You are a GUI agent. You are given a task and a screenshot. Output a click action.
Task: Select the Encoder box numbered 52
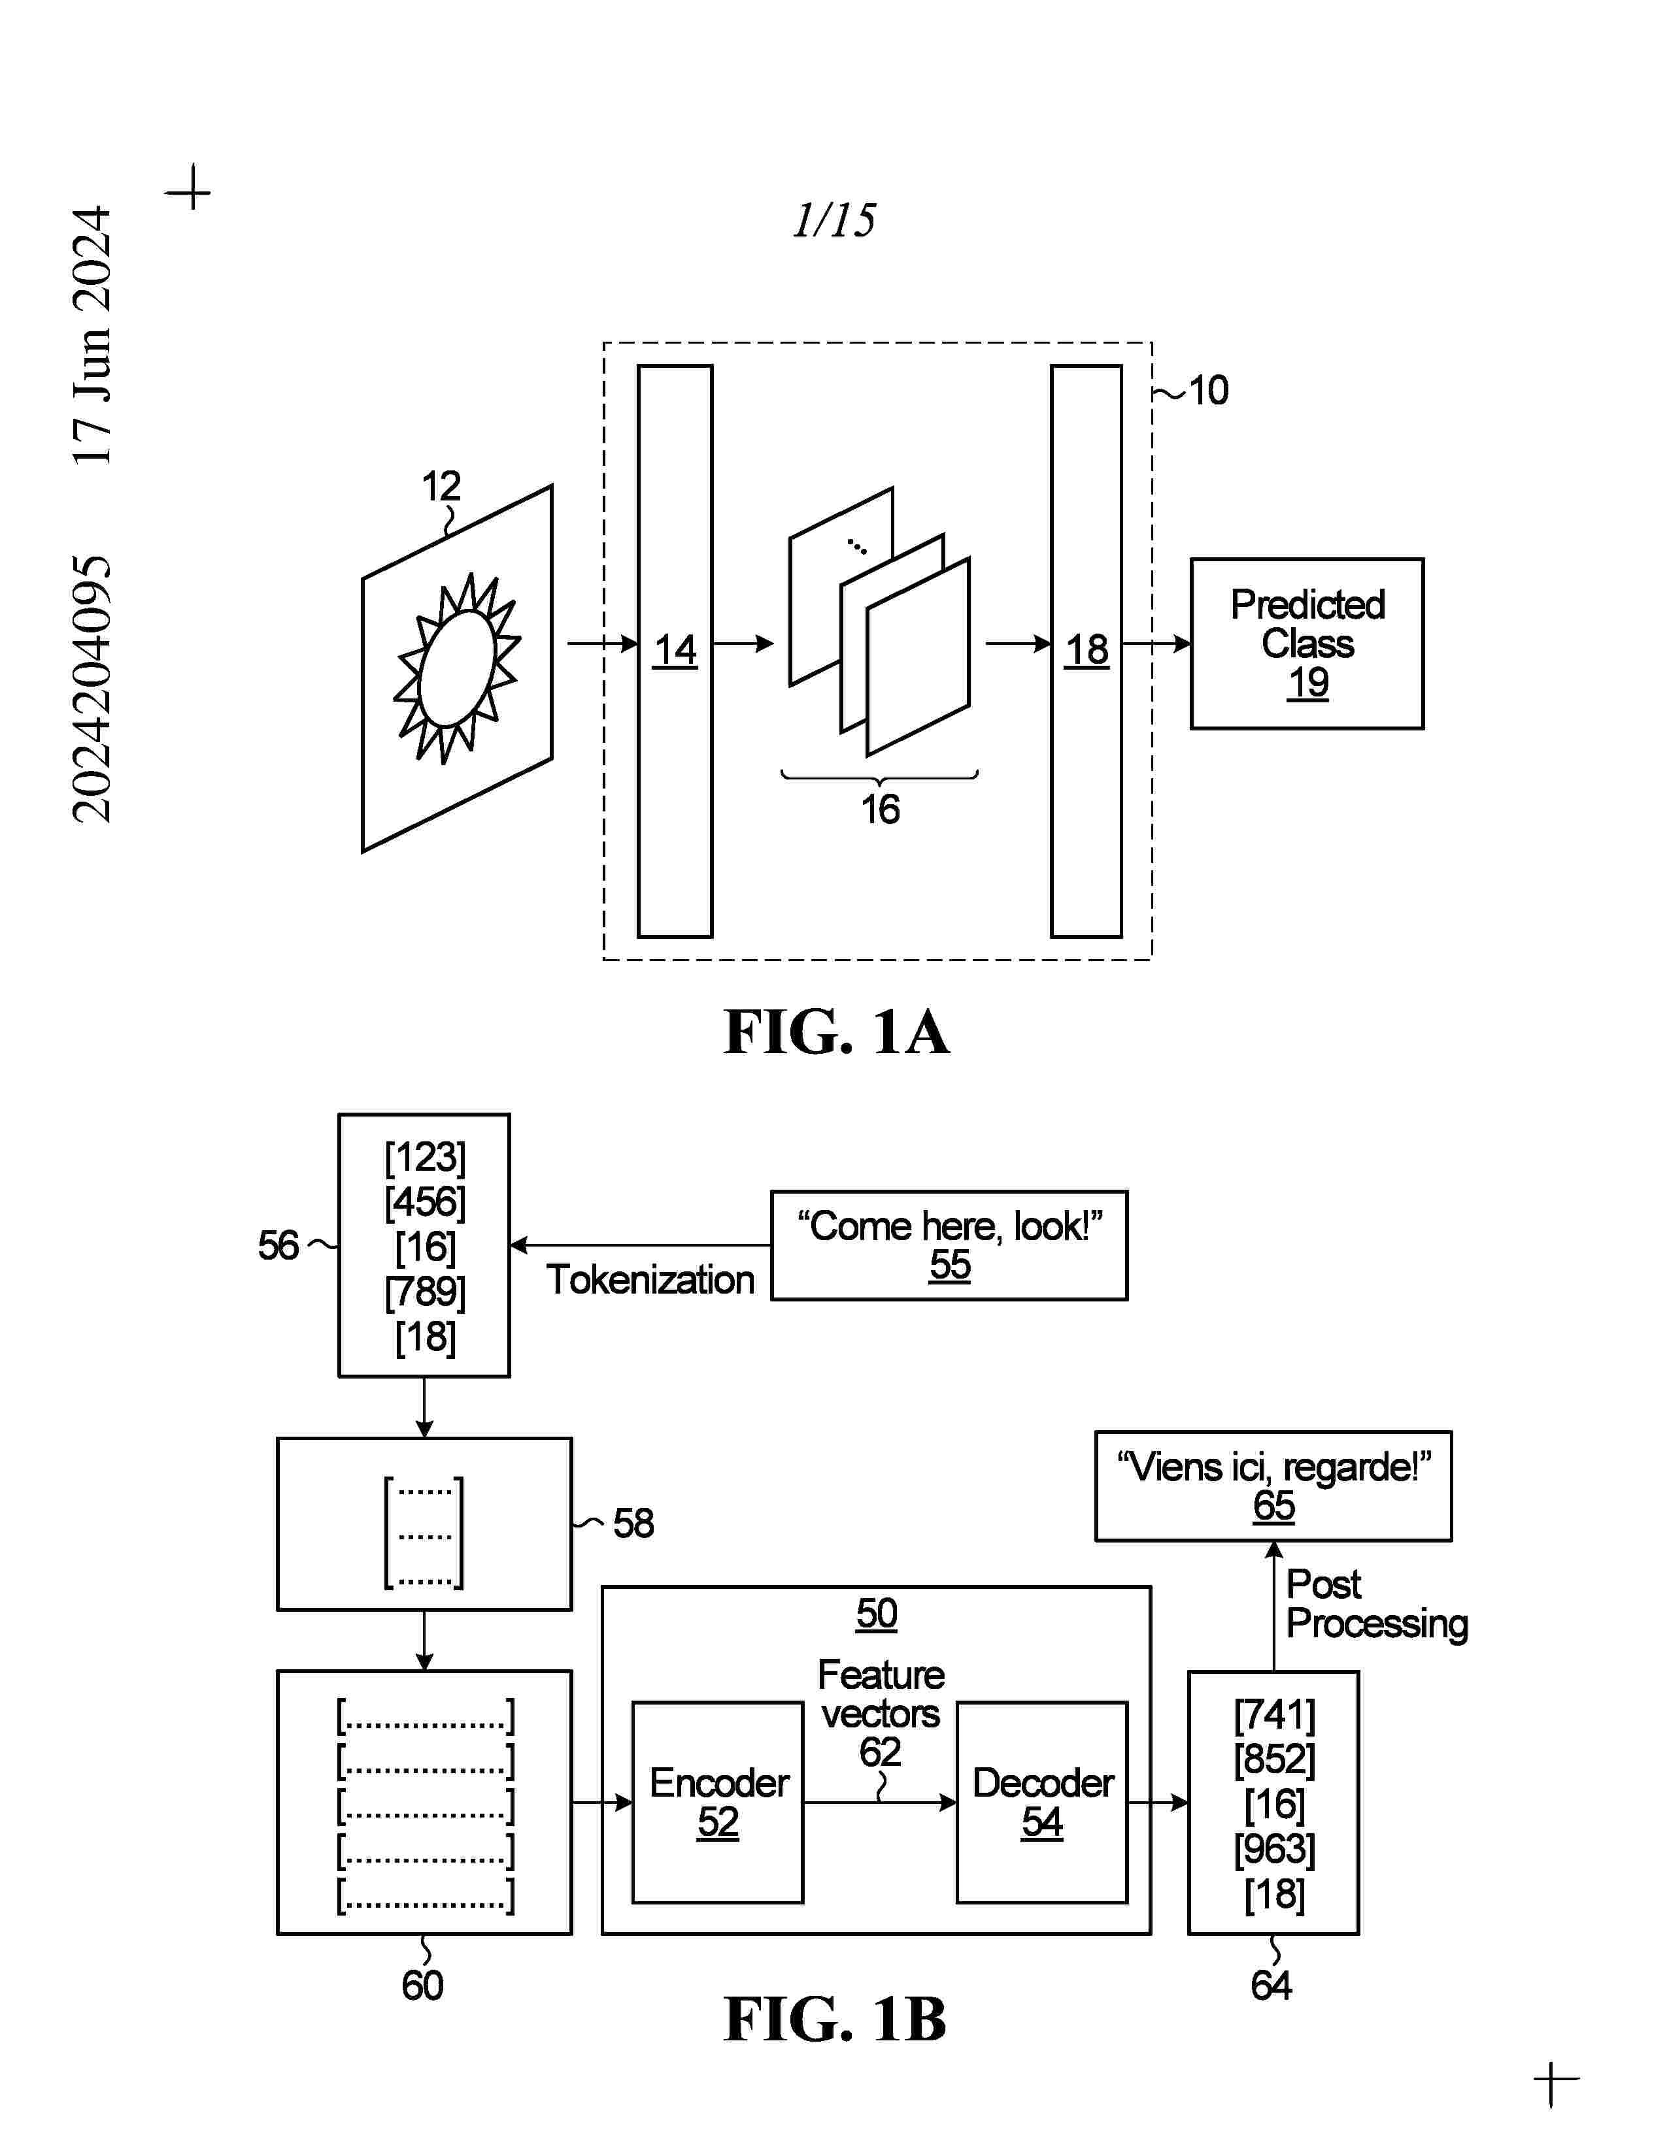(718, 1802)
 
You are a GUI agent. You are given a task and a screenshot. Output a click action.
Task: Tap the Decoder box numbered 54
(1042, 1802)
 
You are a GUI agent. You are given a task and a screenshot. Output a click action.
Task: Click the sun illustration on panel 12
(457, 668)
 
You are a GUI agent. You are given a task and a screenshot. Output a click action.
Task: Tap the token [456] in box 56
(425, 1201)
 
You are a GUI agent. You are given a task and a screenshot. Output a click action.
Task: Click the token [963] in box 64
(1274, 1848)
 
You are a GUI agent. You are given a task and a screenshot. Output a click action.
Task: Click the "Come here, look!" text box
(949, 1245)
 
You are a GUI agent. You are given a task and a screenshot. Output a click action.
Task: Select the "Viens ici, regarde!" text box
(1273, 1486)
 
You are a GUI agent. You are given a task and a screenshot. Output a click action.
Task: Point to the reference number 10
(1208, 391)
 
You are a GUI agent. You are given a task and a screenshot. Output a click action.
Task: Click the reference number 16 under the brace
(880, 809)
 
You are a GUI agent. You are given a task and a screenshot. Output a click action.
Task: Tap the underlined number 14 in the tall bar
(675, 651)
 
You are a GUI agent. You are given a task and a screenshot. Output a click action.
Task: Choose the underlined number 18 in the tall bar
(1086, 651)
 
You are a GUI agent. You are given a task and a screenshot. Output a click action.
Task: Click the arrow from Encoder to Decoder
(879, 1803)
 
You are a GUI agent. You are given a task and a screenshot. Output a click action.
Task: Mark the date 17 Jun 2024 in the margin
(92, 336)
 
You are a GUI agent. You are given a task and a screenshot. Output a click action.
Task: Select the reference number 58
(633, 1523)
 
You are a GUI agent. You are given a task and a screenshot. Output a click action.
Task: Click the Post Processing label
(1375, 1604)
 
